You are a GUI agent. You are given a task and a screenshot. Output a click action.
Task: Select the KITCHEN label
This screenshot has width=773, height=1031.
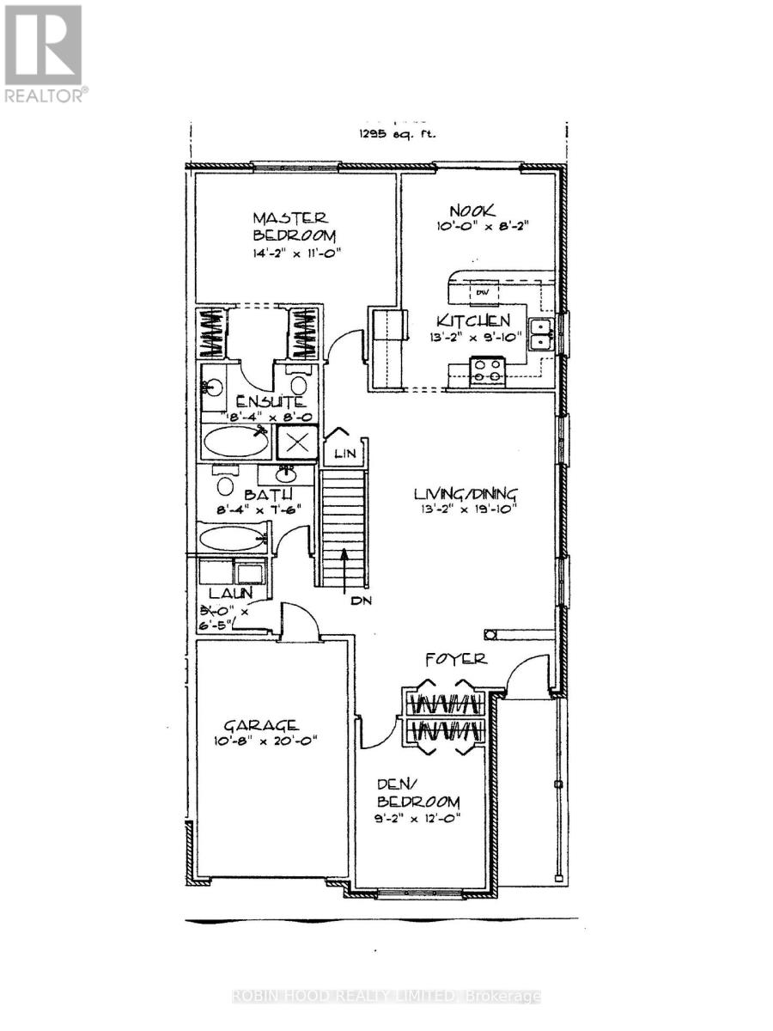475,321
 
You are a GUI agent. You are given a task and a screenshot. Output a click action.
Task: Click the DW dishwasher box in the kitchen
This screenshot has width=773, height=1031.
482,292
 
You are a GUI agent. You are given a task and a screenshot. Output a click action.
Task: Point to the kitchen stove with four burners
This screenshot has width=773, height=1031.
488,371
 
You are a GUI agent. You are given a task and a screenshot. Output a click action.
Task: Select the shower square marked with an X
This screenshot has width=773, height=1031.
297,443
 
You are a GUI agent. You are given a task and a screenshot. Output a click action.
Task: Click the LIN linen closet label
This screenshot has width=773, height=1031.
344,452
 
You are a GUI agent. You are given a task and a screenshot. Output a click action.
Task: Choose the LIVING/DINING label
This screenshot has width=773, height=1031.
466,493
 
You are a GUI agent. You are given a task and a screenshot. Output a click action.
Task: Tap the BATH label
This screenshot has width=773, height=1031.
268,496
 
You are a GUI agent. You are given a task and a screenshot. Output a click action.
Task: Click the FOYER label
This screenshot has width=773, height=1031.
456,659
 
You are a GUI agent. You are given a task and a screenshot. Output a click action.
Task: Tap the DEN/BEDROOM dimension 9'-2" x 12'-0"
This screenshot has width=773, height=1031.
419,819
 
